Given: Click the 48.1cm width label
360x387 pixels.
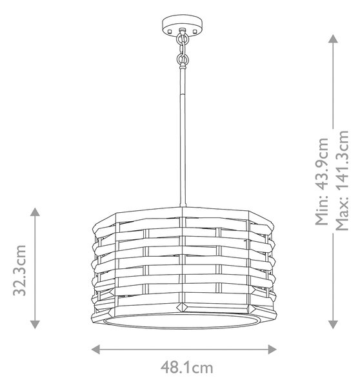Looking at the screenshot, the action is click(x=186, y=368).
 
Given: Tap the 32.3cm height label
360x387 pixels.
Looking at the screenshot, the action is click(x=19, y=270).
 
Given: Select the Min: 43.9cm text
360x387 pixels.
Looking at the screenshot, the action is click(x=322, y=181).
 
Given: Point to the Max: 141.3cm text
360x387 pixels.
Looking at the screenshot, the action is click(x=343, y=181).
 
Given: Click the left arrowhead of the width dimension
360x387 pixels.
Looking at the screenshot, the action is click(x=95, y=349).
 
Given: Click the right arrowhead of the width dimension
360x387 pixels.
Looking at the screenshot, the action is click(x=272, y=349).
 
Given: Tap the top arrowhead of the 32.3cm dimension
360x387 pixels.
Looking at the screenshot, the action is click(x=35, y=212).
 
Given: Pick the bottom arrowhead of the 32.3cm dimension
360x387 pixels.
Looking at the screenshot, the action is click(x=35, y=324).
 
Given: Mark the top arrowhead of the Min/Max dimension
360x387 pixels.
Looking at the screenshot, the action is click(x=333, y=39).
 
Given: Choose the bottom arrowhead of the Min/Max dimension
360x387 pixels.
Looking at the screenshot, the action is click(x=333, y=324).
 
